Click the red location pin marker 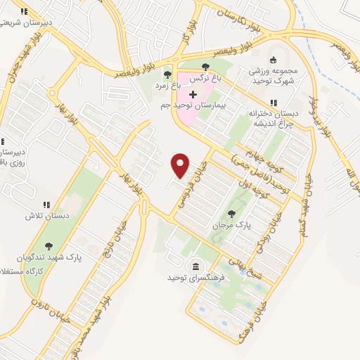[181, 165]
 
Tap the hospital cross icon [193, 94]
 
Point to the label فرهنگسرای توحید [194, 278]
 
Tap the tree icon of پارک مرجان [232, 214]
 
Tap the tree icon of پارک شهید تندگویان [49, 246]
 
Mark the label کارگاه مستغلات [39, 271]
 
